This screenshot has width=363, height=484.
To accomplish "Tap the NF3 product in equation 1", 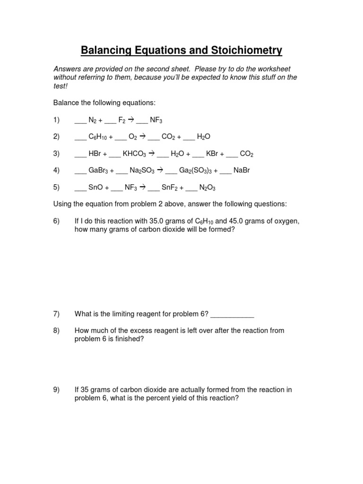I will click(156, 120).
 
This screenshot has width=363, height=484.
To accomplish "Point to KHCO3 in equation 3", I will click(136, 154).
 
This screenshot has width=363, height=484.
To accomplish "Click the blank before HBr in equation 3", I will click(81, 155).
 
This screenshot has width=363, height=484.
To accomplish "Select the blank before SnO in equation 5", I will click(81, 189).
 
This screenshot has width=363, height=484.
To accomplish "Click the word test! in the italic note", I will click(61, 86).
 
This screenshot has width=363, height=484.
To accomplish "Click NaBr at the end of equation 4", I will click(242, 170).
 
